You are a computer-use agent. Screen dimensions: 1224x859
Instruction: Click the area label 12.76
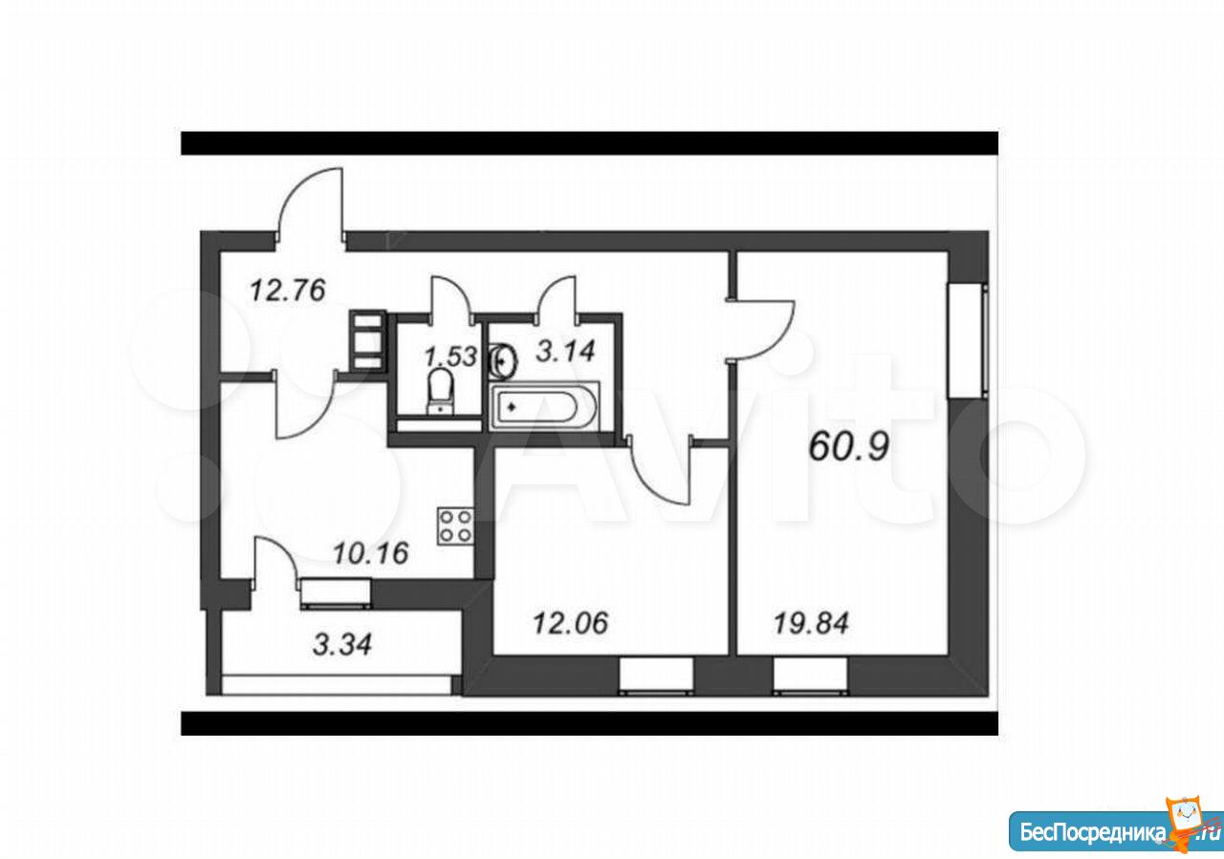coord(288,290)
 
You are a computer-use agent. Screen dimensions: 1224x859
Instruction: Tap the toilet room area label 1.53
coord(450,356)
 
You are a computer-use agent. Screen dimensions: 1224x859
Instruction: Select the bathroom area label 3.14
coord(565,351)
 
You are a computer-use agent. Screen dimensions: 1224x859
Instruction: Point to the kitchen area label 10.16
coord(370,553)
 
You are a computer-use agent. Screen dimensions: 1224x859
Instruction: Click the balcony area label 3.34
coord(342,644)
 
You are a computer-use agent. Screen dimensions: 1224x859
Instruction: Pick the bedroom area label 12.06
coord(570,623)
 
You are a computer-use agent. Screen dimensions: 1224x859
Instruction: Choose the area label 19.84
coord(811,623)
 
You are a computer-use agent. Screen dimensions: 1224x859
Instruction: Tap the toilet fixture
coord(440,392)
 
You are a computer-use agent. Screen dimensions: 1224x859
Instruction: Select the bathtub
coord(544,406)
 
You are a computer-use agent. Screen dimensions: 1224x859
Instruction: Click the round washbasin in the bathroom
coord(503,361)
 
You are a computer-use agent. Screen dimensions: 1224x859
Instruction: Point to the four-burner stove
coord(455,526)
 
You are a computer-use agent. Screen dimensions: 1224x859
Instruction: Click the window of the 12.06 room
coord(656,676)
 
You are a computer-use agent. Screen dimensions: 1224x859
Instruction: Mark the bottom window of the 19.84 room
coord(811,676)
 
